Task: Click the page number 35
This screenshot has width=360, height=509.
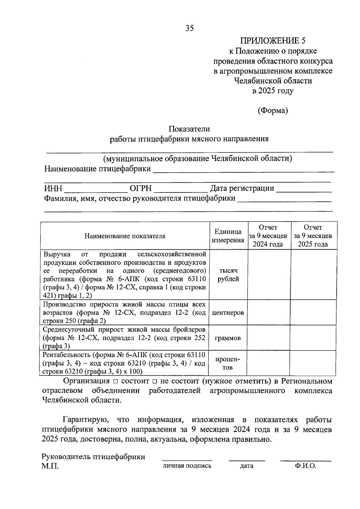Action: [190, 28]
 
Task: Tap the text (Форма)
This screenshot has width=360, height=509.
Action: [273, 111]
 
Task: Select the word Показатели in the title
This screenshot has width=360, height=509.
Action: [189, 129]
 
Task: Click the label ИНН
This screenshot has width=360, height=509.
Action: [53, 189]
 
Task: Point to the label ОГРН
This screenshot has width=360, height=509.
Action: [141, 189]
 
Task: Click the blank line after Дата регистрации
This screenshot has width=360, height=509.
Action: [304, 190]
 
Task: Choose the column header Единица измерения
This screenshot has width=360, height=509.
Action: [228, 236]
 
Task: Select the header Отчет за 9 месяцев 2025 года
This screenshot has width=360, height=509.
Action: [313, 236]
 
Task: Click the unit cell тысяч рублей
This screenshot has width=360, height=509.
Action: [228, 275]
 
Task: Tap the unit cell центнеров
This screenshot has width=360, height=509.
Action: [228, 313]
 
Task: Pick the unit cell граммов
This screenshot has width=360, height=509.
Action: [228, 338]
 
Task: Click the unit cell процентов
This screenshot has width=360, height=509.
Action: [228, 363]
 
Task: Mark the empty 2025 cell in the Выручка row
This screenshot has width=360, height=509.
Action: [313, 275]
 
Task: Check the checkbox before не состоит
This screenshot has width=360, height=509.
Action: [155, 382]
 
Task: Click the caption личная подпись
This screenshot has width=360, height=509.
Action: [187, 466]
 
